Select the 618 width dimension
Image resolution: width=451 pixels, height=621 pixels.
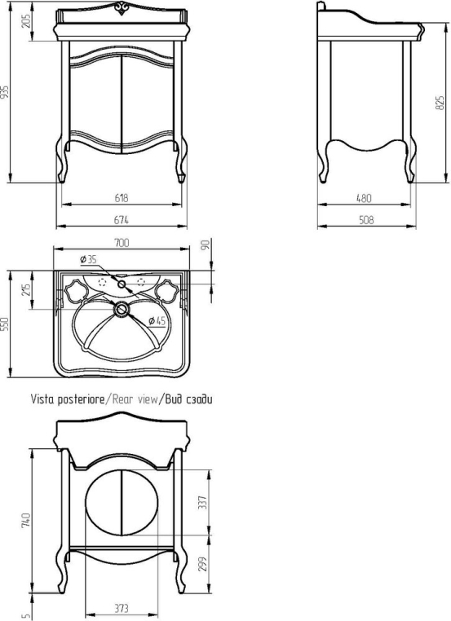[x=122, y=197]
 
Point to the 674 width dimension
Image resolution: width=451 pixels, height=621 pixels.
[x=122, y=219]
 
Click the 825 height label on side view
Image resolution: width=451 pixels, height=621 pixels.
[x=440, y=103]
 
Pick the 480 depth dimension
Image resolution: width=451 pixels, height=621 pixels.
[x=364, y=197]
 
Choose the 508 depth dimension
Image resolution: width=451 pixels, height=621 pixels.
[x=366, y=219]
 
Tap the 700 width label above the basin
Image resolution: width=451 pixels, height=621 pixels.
[x=122, y=242]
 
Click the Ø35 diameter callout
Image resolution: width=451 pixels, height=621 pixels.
[x=88, y=259]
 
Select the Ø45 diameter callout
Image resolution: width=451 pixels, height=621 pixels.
[x=157, y=321]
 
